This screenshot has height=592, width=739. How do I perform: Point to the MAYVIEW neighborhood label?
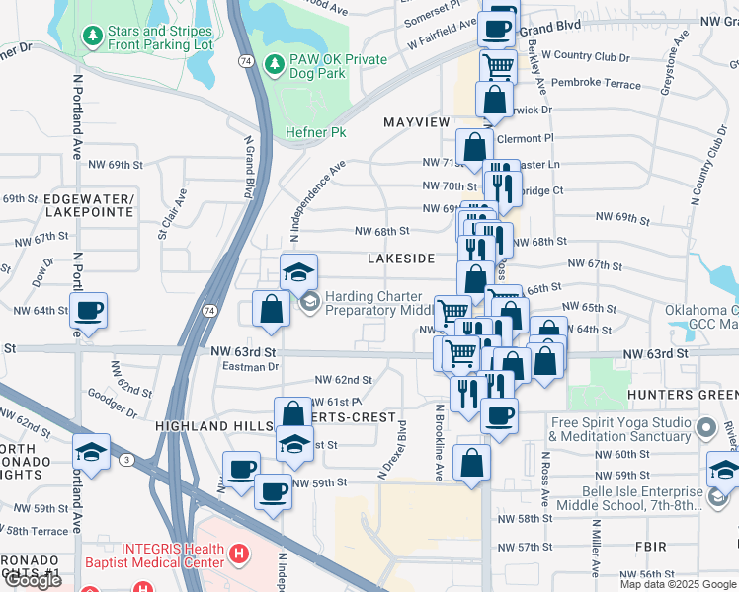tap(416, 121)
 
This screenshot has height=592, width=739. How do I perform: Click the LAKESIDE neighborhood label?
tap(401, 258)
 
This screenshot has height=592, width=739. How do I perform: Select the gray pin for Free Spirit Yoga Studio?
tap(705, 429)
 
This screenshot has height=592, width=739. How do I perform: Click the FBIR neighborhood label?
tap(652, 546)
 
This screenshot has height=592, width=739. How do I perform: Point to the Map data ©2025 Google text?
tap(677, 584)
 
